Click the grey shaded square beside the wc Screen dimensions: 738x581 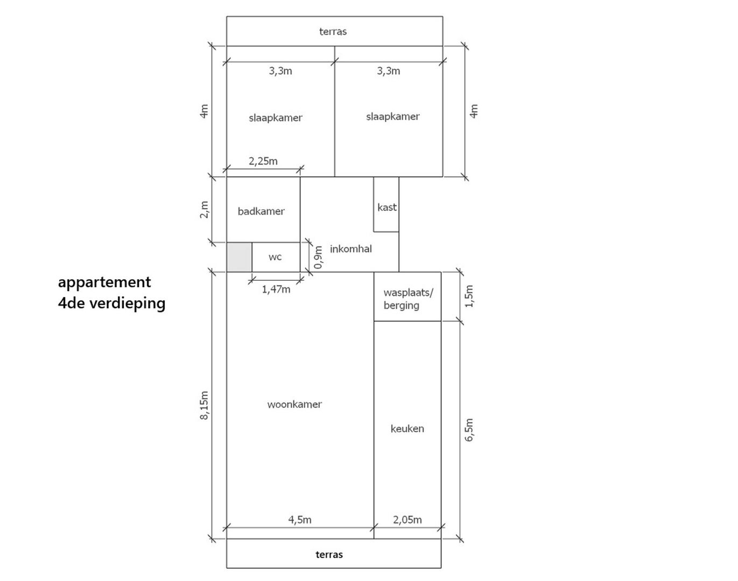pos(239,257)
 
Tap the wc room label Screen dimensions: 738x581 pos(275,257)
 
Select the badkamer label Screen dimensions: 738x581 pos(261,211)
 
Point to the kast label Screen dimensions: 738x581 pos(387,207)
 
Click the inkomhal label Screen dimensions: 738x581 pos(351,249)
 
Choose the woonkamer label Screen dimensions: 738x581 pos(294,405)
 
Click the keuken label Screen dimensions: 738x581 pos(407,428)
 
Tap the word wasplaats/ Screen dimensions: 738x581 pos(409,293)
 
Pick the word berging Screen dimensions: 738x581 pos(401,306)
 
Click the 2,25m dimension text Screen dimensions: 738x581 pos(263,161)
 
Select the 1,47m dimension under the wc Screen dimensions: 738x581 pos(276,289)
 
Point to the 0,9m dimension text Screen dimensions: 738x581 pos(319,258)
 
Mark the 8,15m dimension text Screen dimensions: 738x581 pos(204,406)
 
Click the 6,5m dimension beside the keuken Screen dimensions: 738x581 pos(469,430)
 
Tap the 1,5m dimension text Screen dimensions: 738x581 pos(469,296)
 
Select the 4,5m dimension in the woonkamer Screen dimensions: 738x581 pos(300,520)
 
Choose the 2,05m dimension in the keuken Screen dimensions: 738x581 pos(407,520)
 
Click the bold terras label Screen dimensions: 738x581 pos(329,555)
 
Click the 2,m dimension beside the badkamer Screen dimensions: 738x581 pos(204,210)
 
